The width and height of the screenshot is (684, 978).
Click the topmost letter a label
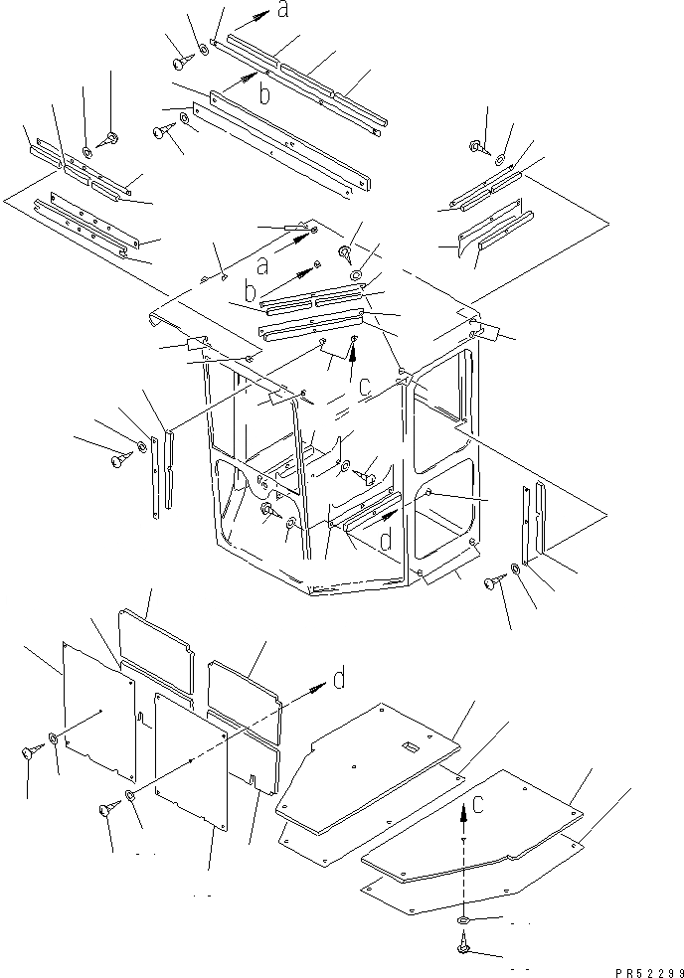(x=282, y=11)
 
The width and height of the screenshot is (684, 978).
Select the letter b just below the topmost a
(x=264, y=94)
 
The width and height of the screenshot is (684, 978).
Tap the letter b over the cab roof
(x=251, y=293)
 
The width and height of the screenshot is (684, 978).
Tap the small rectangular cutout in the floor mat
(x=407, y=746)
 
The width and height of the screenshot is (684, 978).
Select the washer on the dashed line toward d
(x=131, y=798)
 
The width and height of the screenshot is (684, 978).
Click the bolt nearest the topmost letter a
(x=180, y=63)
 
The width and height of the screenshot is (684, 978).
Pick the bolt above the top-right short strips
(x=476, y=146)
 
